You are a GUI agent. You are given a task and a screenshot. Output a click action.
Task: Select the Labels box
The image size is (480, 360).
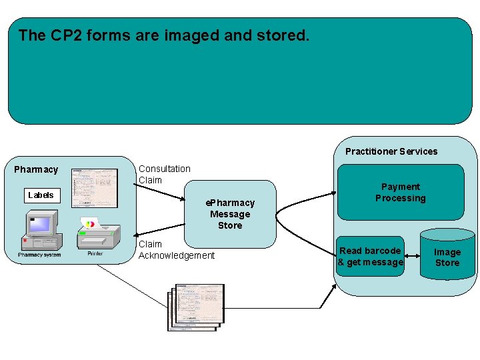tap(41, 195)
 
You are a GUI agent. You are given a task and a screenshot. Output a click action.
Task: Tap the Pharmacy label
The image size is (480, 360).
tap(36, 169)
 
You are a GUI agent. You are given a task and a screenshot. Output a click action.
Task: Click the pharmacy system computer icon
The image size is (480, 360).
tap(39, 229)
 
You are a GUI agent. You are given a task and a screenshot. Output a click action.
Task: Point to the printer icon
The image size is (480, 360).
tap(99, 233)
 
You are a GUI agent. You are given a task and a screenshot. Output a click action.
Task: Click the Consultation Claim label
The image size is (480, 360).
tap(164, 175)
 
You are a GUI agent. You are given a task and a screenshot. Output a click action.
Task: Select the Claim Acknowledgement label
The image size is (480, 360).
tap(177, 250)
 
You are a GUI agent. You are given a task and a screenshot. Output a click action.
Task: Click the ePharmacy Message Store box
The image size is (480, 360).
tap(230, 213)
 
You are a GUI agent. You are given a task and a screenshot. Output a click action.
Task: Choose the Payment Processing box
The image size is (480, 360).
tap(400, 193)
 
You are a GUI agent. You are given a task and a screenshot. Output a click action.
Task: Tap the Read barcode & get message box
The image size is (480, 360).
tap(370, 257)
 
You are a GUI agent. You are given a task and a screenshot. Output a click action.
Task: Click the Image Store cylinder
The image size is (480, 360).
tap(447, 257)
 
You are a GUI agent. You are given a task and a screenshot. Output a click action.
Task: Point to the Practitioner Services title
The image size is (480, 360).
tap(391, 151)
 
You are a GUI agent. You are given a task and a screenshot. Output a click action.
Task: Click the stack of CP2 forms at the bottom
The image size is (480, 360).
tap(196, 306)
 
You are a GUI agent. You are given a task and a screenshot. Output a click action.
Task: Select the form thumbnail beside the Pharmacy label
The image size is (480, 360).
tap(94, 187)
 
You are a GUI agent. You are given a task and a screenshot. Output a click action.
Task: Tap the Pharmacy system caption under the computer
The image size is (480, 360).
tap(39, 255)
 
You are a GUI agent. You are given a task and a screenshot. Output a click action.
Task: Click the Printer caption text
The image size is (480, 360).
tap(95, 253)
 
